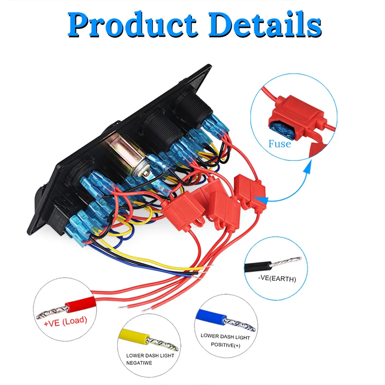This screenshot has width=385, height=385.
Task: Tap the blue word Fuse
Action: coord(280,143)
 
